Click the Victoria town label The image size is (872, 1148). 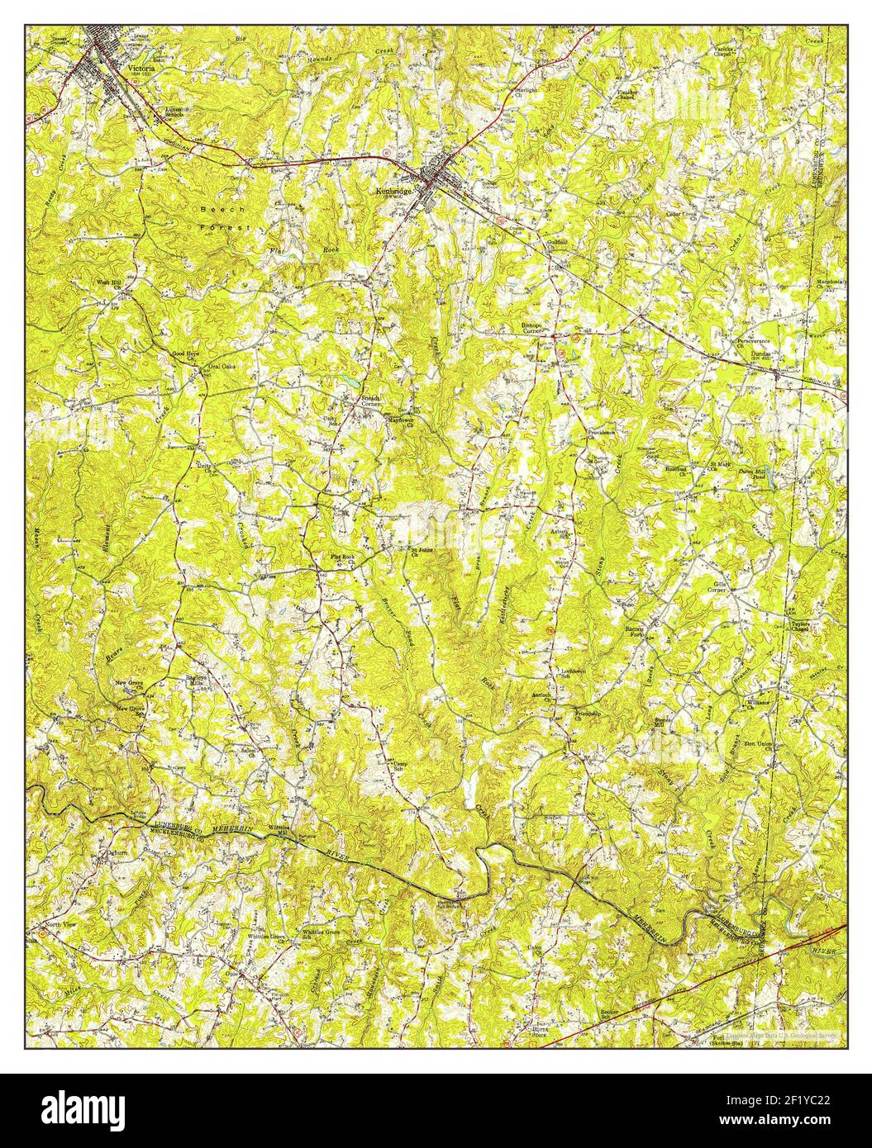(x=140, y=69)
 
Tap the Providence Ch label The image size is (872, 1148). (x=601, y=434)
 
